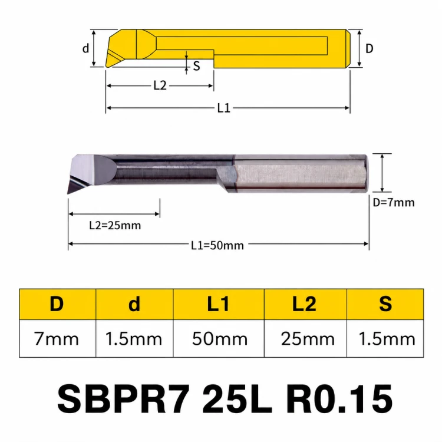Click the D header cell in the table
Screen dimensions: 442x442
coord(58,304)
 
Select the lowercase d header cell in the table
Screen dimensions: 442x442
coord(134,304)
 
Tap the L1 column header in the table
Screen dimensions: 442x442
coord(219,304)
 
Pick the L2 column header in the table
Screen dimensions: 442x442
coord(305,304)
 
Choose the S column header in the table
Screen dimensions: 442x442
coord(385,304)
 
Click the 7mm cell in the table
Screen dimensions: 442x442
coord(58,338)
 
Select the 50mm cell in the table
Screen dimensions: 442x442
coord(219,338)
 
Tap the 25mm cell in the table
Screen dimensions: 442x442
coord(305,338)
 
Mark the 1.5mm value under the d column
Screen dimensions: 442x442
coord(134,338)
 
